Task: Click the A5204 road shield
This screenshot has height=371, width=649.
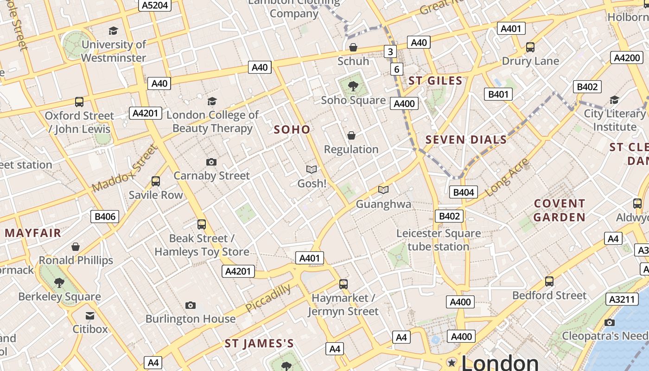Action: tap(155, 5)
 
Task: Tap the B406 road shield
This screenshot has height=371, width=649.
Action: tap(104, 216)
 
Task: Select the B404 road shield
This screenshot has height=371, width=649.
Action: tap(463, 192)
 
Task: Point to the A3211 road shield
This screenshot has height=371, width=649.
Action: tap(621, 299)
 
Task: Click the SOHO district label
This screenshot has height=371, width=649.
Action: tap(292, 129)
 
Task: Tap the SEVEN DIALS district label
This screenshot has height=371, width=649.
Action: tap(466, 140)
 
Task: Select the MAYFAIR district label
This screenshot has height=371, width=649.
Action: tap(33, 233)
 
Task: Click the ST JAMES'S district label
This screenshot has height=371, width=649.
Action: tap(259, 344)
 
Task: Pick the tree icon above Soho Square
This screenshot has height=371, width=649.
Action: tap(353, 86)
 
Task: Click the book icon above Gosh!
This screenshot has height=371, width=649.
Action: tap(312, 170)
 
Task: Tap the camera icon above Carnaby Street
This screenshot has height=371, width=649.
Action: tap(211, 162)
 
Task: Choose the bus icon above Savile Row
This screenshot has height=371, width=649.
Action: tap(156, 181)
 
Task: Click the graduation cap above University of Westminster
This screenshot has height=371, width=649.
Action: tap(113, 31)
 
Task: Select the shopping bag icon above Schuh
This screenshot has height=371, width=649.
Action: tap(353, 47)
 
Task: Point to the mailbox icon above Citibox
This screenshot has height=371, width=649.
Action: tap(90, 316)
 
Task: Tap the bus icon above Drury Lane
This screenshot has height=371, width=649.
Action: tap(530, 47)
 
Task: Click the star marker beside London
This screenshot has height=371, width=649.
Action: tap(451, 362)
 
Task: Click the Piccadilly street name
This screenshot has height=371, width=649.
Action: tap(268, 298)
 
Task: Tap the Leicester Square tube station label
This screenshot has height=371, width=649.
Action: tap(439, 240)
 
